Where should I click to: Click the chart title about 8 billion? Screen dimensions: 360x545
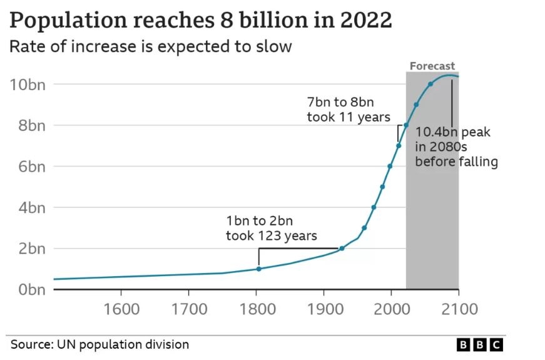pos(201,20)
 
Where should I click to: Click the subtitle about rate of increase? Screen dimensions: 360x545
pos(151,46)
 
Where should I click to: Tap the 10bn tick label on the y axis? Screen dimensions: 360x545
pos(28,85)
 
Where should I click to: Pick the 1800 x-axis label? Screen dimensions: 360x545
pos(256,309)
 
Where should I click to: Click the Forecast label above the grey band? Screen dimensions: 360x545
pos(432,66)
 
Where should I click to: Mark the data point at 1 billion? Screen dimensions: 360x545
pos(259,269)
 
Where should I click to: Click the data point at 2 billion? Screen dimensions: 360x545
pos(342,249)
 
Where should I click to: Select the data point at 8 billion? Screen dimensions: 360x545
pos(405,125)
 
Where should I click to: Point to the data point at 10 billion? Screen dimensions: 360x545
pos(430,84)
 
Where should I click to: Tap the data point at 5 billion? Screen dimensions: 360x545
pos(382,187)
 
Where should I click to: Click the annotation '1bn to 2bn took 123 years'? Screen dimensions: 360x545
pos(271,228)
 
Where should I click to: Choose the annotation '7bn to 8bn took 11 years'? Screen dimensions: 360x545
pos(348,109)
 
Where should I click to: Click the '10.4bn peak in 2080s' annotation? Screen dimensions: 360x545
pos(456,147)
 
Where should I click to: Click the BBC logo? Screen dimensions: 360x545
pos(479,345)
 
